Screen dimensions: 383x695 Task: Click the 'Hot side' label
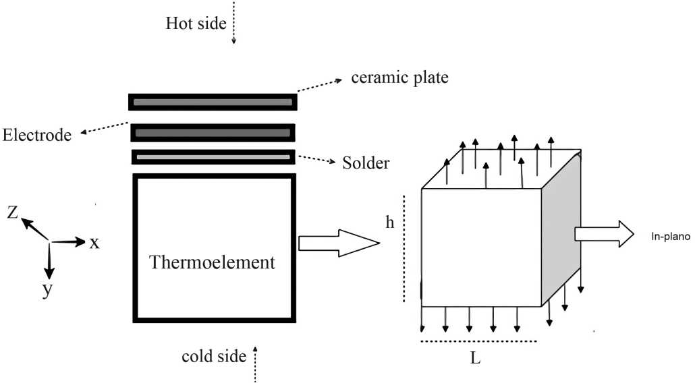pyautogui.click(x=196, y=24)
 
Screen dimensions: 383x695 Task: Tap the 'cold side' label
pyautogui.click(x=214, y=356)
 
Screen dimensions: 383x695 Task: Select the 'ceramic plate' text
pyautogui.click(x=400, y=78)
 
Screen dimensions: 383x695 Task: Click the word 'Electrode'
pyautogui.click(x=37, y=135)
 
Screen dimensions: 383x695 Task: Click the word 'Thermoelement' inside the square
pyautogui.click(x=213, y=262)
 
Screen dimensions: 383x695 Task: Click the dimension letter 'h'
pyautogui.click(x=389, y=223)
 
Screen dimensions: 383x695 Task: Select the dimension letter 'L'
pyautogui.click(x=475, y=359)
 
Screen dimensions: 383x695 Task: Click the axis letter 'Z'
pyautogui.click(x=13, y=213)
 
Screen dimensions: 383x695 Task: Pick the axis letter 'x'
pyautogui.click(x=94, y=243)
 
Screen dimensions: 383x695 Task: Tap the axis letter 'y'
pyautogui.click(x=47, y=291)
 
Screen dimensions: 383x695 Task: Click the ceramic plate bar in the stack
pyautogui.click(x=213, y=102)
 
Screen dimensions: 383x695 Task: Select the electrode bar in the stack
pyautogui.click(x=213, y=133)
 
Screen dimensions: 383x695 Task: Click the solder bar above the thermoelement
pyautogui.click(x=213, y=157)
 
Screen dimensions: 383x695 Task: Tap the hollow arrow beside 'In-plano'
pyautogui.click(x=604, y=233)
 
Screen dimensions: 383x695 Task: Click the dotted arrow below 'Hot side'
pyautogui.click(x=233, y=24)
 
